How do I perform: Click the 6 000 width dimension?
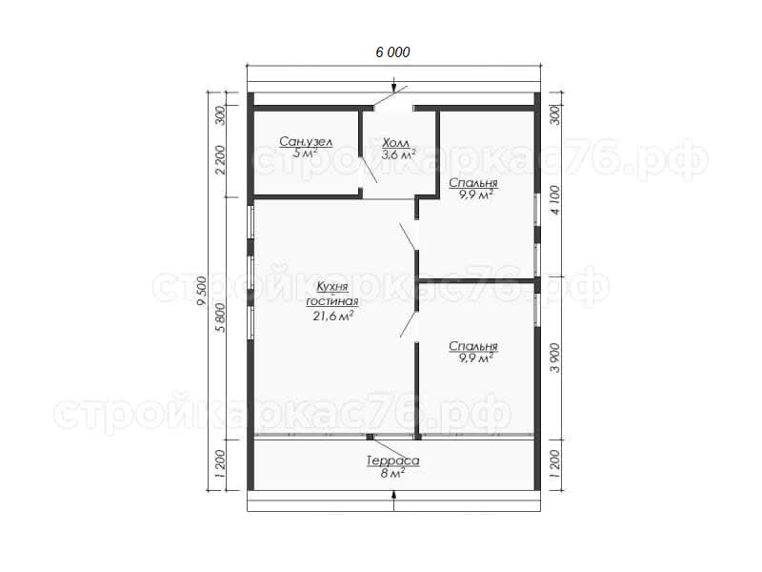pyautogui.click(x=392, y=52)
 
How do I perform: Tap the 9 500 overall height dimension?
pyautogui.click(x=202, y=291)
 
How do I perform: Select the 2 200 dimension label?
pyautogui.click(x=220, y=159)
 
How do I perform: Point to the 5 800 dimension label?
pyautogui.click(x=220, y=317)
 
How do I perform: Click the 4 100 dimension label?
pyautogui.click(x=555, y=199)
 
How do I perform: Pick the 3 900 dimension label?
pyautogui.click(x=555, y=358)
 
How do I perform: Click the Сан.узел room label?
pyautogui.click(x=306, y=142)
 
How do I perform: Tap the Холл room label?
pyautogui.click(x=395, y=143)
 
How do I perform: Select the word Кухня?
pyautogui.click(x=332, y=287)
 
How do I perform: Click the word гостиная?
pyautogui.click(x=332, y=301)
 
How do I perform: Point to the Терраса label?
pyautogui.click(x=393, y=460)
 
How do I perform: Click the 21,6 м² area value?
pyautogui.click(x=332, y=317)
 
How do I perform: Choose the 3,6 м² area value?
pyautogui.click(x=398, y=155)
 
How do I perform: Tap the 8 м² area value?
pyautogui.click(x=393, y=473)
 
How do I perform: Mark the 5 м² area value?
pyautogui.click(x=306, y=153)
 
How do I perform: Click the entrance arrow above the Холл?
pyautogui.click(x=393, y=84)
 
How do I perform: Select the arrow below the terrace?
pyautogui.click(x=393, y=501)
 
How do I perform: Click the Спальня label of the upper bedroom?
pyautogui.click(x=473, y=183)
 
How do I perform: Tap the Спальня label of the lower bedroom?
pyautogui.click(x=473, y=346)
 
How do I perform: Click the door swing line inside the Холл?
pyautogui.click(x=369, y=170)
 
